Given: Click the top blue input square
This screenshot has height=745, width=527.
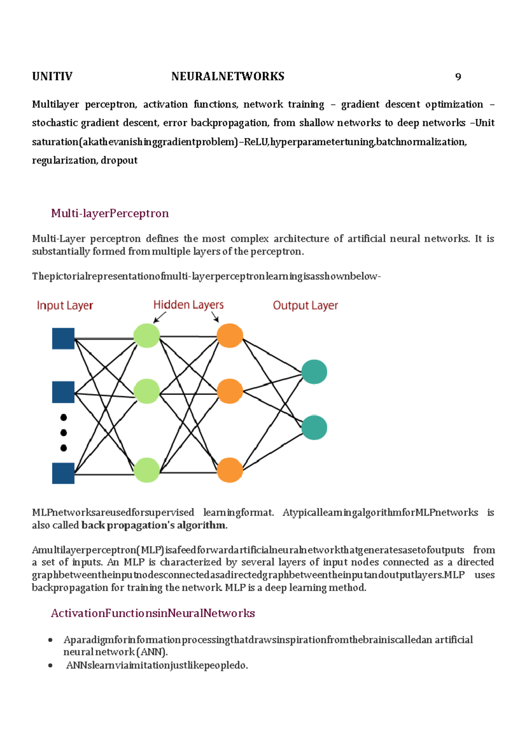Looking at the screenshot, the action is click(63, 339).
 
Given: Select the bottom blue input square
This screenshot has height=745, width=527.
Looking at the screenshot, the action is click(63, 473).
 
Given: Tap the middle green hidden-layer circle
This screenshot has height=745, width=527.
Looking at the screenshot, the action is click(146, 391).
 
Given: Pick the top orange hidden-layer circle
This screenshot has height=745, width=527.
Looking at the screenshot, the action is click(230, 336).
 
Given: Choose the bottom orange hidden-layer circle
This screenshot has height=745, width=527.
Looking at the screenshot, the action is click(230, 470).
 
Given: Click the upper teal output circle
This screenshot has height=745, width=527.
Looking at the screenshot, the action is click(314, 372).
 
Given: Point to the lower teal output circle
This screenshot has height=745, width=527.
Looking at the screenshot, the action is click(314, 427).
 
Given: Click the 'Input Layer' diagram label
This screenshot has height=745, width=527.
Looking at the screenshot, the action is click(65, 305).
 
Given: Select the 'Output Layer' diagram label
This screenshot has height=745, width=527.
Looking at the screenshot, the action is click(305, 305).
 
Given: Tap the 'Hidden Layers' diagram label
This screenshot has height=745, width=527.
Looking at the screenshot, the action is click(188, 304).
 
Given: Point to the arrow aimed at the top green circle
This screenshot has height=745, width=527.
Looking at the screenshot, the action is click(159, 317).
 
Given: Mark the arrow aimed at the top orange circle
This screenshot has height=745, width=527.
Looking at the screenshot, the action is click(215, 317).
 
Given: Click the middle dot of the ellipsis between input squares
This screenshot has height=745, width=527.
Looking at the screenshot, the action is click(64, 433).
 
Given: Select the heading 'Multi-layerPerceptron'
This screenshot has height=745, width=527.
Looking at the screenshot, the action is click(110, 213).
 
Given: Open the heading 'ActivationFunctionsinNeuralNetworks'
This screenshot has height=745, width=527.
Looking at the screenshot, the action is click(153, 613).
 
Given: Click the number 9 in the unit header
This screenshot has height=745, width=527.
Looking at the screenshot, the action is click(458, 77).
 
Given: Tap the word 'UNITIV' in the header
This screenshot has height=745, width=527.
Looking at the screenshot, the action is click(52, 76).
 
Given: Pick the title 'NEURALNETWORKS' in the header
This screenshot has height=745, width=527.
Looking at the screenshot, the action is click(228, 76).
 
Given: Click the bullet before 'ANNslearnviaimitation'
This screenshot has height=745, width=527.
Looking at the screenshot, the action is click(51, 665).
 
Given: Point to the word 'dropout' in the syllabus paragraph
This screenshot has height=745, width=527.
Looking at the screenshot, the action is click(119, 160).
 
